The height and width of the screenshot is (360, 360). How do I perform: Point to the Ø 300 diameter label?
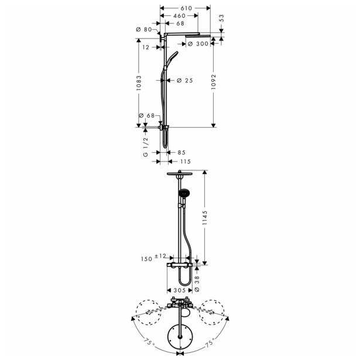coord(200,44)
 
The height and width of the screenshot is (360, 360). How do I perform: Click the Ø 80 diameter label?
coord(143,29)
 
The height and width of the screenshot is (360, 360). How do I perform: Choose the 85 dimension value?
coord(181,152)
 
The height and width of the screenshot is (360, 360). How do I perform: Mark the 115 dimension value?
coord(186,162)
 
